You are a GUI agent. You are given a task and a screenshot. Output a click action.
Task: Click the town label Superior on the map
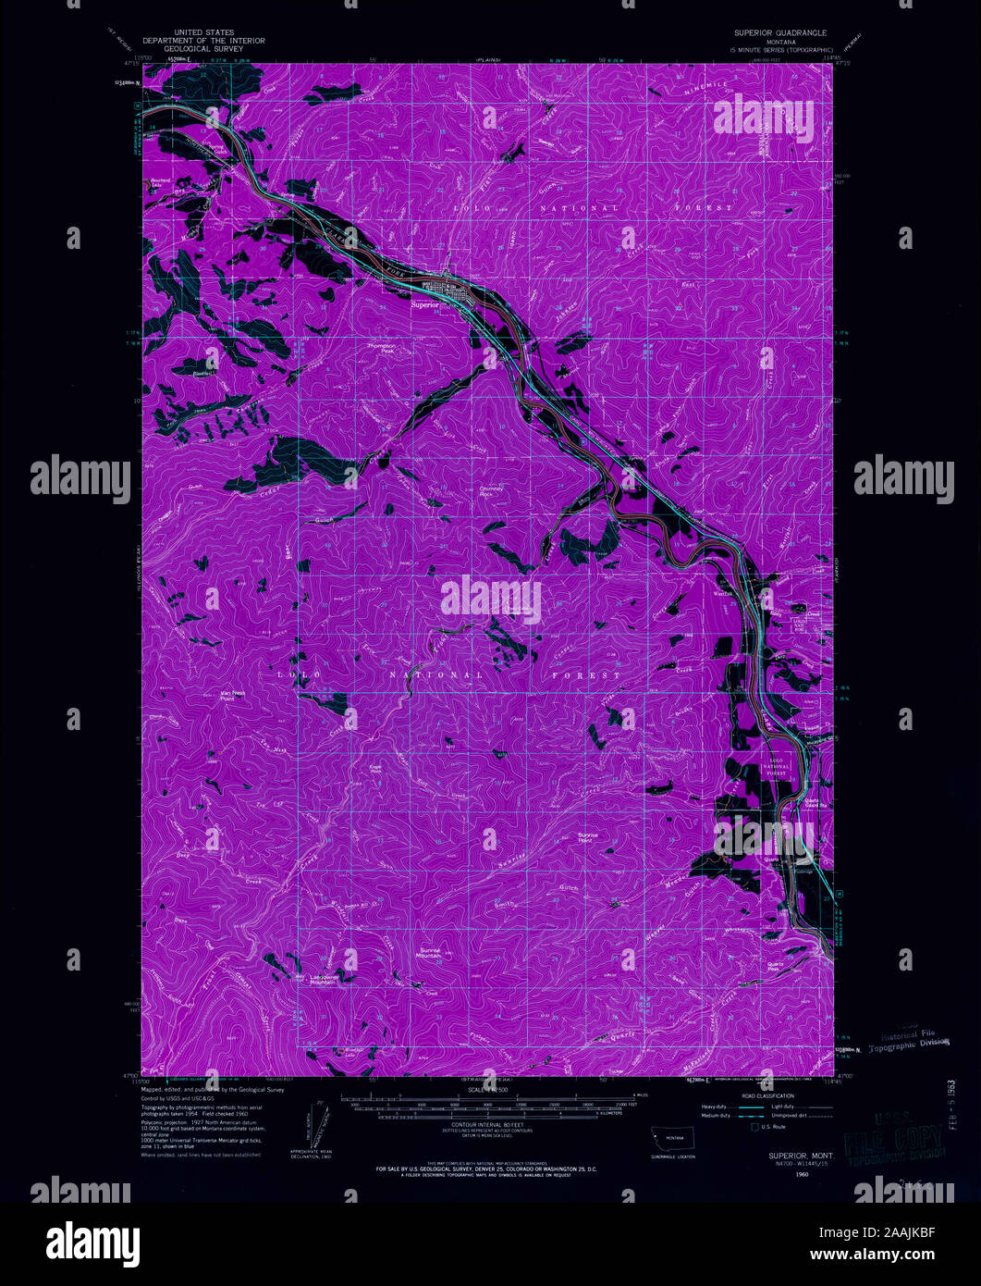[x=424, y=303]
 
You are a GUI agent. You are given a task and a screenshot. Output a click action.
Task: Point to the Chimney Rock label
[x=492, y=491]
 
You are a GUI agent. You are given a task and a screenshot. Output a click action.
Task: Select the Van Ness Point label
[x=207, y=695]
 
